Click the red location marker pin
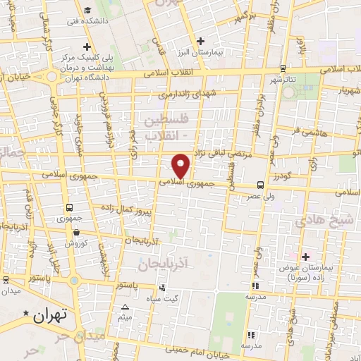coord(181,166)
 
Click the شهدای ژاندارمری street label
coord(183,94)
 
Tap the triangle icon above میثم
coord(126,307)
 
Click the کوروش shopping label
coord(76,243)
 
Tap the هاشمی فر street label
coord(310,131)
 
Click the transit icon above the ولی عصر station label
coord(261,185)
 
